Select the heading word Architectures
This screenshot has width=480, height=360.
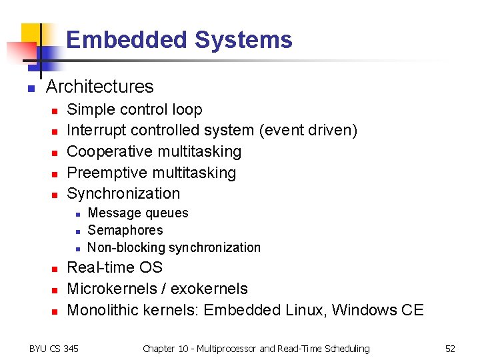click(x=99, y=87)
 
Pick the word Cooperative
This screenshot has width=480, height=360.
click(x=111, y=151)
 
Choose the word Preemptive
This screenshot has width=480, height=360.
click(x=107, y=173)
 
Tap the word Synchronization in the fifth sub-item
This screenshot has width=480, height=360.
click(x=123, y=193)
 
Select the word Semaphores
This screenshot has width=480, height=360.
click(x=125, y=230)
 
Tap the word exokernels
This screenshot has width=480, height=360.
click(x=210, y=289)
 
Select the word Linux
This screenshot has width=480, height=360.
click(x=304, y=310)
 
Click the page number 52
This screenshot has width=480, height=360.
click(x=450, y=349)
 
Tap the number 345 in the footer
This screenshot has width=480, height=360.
click(x=70, y=349)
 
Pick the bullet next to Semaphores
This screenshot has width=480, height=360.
click(x=77, y=231)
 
